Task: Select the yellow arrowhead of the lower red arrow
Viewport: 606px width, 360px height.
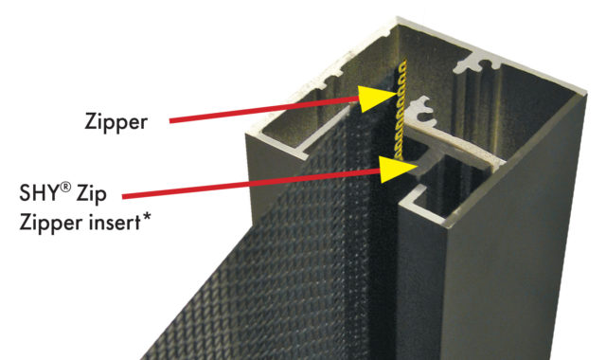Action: pyautogui.click(x=397, y=169)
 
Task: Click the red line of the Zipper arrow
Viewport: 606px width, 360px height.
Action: pyautogui.click(x=265, y=110)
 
